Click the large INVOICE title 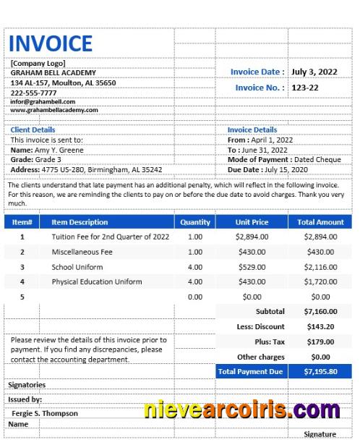(51, 43)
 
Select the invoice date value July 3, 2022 (314, 72)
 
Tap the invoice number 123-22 (304, 88)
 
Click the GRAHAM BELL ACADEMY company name (53, 72)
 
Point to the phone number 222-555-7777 (33, 93)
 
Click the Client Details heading (33, 130)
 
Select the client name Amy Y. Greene (59, 150)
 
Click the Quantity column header (195, 222)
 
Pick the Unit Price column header (252, 222)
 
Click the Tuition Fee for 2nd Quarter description (111, 237)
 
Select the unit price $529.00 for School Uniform (252, 267)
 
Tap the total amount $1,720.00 (320, 281)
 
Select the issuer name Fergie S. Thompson (45, 413)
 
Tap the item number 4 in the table (22, 281)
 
